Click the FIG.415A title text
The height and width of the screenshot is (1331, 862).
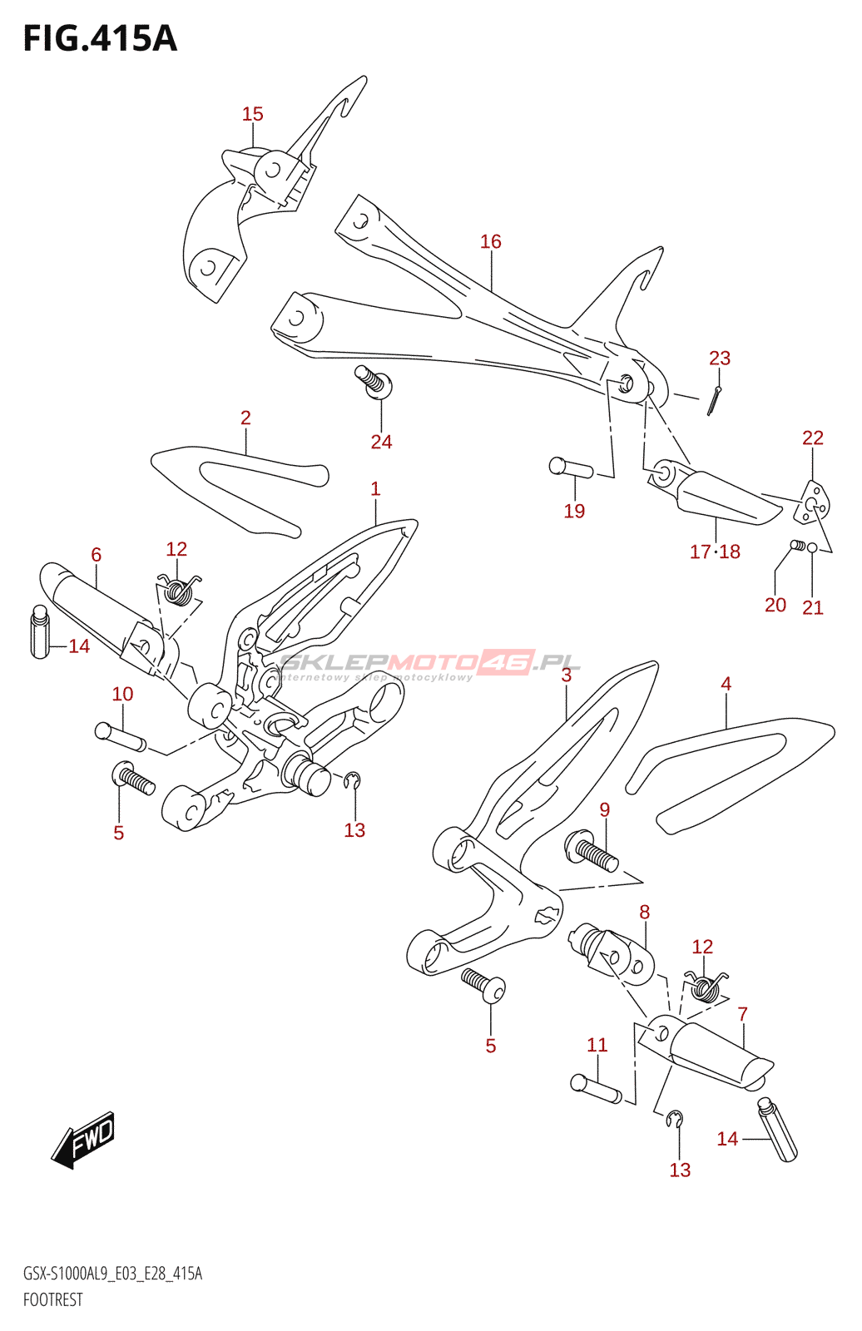coord(100,38)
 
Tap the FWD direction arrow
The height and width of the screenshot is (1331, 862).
coord(83,1139)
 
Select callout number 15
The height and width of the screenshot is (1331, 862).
coord(253,113)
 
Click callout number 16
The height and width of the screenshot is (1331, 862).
coord(491,241)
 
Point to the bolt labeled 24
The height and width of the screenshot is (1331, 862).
coord(374,382)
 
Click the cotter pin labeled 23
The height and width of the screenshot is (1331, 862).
coord(714,401)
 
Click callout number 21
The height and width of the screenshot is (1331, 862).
coord(813,607)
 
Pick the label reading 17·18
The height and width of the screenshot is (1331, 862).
coord(715,552)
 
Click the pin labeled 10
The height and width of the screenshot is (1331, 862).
coord(120,737)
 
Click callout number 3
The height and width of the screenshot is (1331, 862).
coord(566,675)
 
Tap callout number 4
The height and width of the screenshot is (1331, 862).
coord(726,684)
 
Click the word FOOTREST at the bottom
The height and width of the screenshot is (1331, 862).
coord(53,1299)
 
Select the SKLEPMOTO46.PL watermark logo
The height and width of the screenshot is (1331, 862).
coord(430,665)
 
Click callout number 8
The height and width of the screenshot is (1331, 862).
coord(644,912)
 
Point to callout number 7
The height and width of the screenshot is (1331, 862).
coord(742,1014)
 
